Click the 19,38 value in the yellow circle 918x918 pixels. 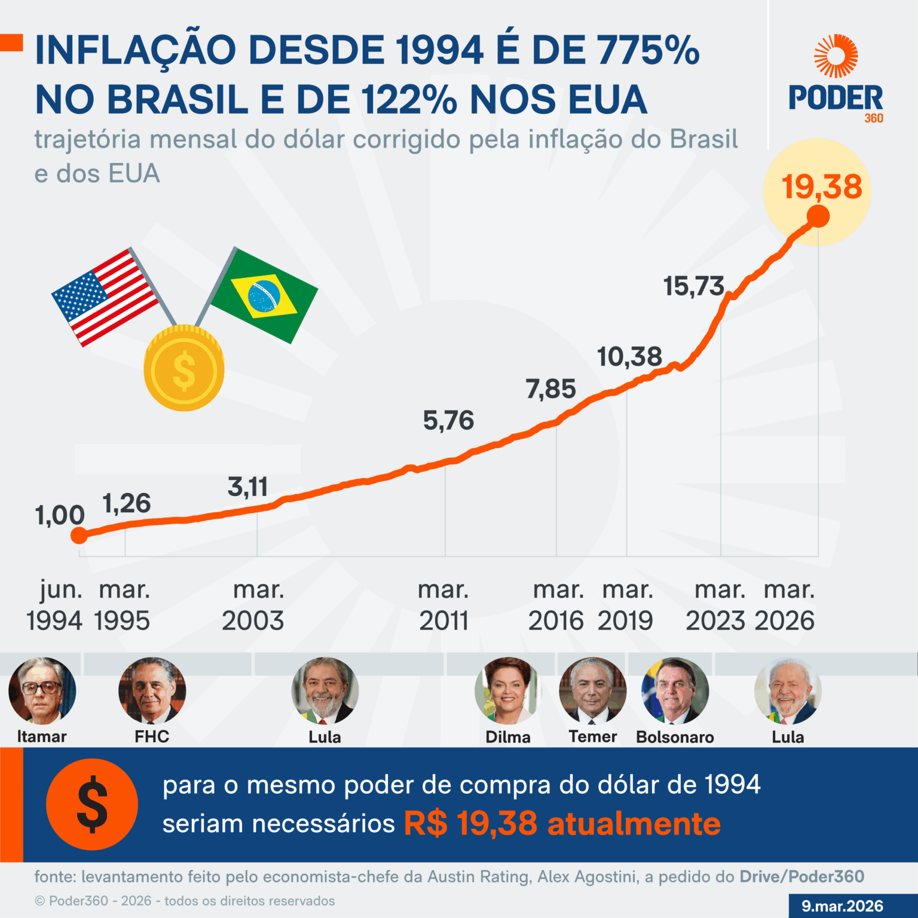pos(822,187)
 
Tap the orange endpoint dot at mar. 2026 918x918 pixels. pos(818,216)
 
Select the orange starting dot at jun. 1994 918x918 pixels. pos(79,535)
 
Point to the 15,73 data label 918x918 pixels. pos(693,286)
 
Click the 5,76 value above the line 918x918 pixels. pos(448,421)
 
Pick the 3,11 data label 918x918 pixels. pos(247,487)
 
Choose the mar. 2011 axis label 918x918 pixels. pos(443,605)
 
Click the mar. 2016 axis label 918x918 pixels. pos(557,605)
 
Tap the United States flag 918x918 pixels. pos(105,296)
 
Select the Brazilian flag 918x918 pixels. pos(264,295)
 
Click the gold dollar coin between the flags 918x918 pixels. pos(184,369)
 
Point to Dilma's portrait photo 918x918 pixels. pos(508,691)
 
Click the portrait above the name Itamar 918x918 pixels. pos(42,691)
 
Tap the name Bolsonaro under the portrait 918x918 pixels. pos(675,737)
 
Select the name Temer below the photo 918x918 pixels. pos(592,736)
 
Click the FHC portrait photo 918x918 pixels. pos(152,691)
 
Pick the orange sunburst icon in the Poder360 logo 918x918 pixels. pos(836,56)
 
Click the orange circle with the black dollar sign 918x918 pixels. pos(92,804)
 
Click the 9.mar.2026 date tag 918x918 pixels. pos(842,906)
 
